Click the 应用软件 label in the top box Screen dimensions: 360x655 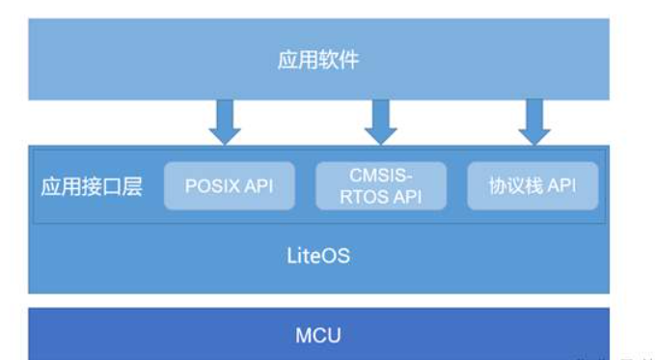[x=318, y=60]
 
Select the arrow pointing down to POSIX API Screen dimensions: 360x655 [x=224, y=121]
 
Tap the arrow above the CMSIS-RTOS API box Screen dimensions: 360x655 [x=380, y=121]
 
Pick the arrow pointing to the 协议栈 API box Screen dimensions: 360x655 [x=533, y=121]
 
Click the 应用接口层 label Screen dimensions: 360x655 [x=92, y=186]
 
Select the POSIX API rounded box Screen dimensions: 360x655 [x=231, y=186]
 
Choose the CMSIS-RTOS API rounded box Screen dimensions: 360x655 [x=381, y=186]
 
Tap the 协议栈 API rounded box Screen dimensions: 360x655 [x=532, y=186]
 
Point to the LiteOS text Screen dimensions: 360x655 [x=318, y=257]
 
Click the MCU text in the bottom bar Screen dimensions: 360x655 [x=318, y=336]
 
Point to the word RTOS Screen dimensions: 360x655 [x=366, y=197]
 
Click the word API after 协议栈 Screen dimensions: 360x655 [x=562, y=186]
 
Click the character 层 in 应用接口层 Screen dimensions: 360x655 [x=132, y=186]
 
